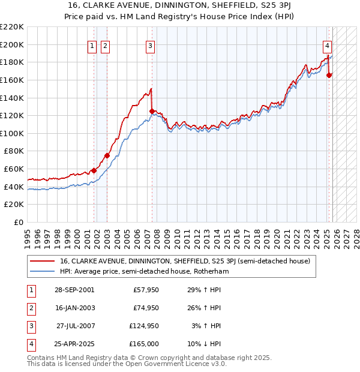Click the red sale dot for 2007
click(x=152, y=111)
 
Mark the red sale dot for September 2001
click(x=94, y=170)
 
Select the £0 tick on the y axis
click(x=17, y=222)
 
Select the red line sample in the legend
click(x=42, y=261)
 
